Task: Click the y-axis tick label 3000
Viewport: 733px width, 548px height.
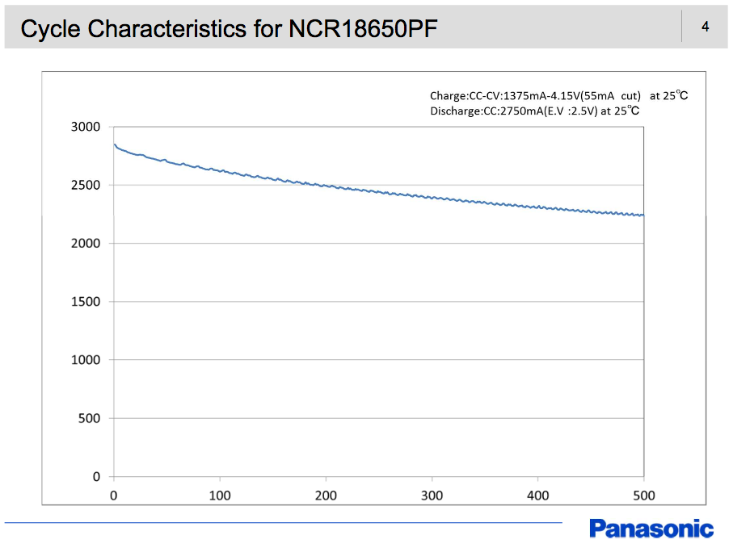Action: click(x=85, y=127)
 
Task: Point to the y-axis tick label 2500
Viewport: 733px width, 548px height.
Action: click(x=85, y=185)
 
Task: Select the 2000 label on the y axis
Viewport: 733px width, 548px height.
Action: click(x=85, y=243)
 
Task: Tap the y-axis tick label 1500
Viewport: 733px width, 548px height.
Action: click(x=85, y=301)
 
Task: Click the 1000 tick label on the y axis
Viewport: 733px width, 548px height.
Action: click(x=85, y=360)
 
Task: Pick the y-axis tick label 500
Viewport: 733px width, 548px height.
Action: click(x=88, y=418)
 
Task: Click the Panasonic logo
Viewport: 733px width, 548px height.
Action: click(x=651, y=529)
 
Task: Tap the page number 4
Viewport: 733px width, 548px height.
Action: click(x=705, y=27)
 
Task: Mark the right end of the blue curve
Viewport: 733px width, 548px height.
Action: click(x=643, y=215)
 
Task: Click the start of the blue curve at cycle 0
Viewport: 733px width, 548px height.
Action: click(x=115, y=144)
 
